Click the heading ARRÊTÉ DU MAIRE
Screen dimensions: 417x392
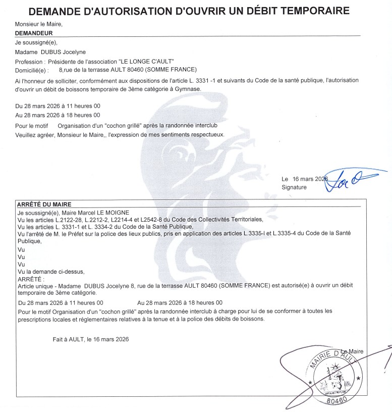(44, 204)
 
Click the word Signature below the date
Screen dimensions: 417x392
(294, 187)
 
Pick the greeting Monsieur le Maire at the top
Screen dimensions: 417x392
(39, 24)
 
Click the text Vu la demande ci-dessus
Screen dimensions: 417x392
(51, 272)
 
